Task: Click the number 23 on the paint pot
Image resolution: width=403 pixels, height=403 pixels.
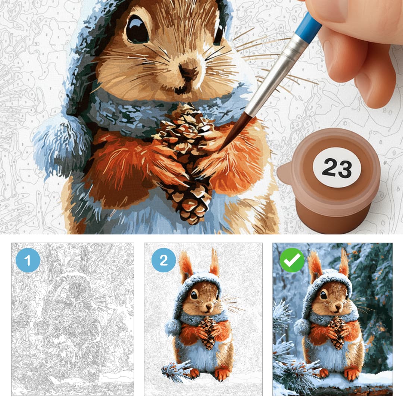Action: tap(337, 168)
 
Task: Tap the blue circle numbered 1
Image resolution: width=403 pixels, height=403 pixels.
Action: tap(28, 260)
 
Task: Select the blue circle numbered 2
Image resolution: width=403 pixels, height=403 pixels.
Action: tap(163, 260)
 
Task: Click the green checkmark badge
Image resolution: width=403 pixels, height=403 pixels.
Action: tap(292, 260)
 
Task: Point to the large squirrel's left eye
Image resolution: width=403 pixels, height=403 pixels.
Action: tap(137, 29)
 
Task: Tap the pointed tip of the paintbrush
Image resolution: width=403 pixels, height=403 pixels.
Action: tap(219, 151)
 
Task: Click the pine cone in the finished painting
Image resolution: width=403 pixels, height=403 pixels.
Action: tap(337, 333)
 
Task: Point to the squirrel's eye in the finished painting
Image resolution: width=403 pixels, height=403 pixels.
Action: tap(323, 295)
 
